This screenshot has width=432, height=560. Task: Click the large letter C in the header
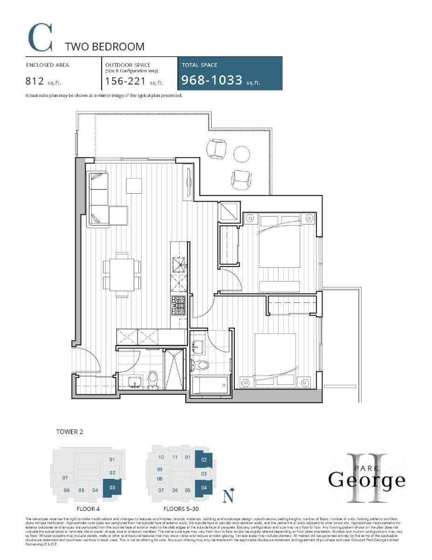pyautogui.click(x=39, y=38)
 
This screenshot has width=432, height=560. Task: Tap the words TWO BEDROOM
pyautogui.click(x=104, y=47)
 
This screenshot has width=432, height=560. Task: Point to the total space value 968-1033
pyautogui.click(x=213, y=80)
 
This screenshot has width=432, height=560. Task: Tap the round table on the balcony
pyautogui.click(x=242, y=154)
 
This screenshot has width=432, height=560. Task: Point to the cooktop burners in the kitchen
pyautogui.click(x=178, y=306)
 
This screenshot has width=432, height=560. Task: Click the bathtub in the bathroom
pyautogui.click(x=210, y=385)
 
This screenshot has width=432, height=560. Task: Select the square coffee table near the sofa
pyautogui.click(x=134, y=186)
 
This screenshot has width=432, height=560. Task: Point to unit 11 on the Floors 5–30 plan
pyautogui.click(x=175, y=457)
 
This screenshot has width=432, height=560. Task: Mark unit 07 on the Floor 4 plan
pyautogui.click(x=65, y=478)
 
